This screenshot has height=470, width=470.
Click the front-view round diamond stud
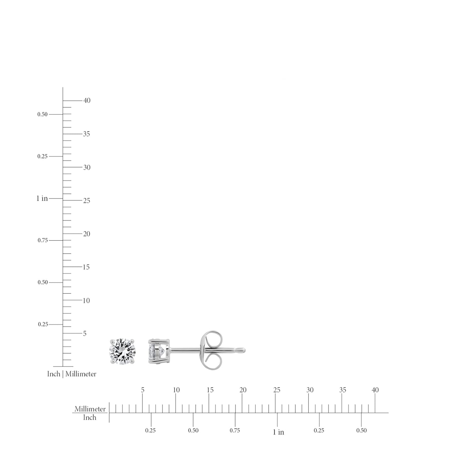(122, 352)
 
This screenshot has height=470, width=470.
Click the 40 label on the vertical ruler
(87, 100)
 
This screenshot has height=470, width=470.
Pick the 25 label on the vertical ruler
(86, 201)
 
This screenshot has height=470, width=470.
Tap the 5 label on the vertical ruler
(85, 333)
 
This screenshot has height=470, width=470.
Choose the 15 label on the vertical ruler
(86, 267)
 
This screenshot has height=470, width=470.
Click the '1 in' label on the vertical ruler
(42, 198)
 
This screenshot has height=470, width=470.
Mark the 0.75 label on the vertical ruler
(43, 240)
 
